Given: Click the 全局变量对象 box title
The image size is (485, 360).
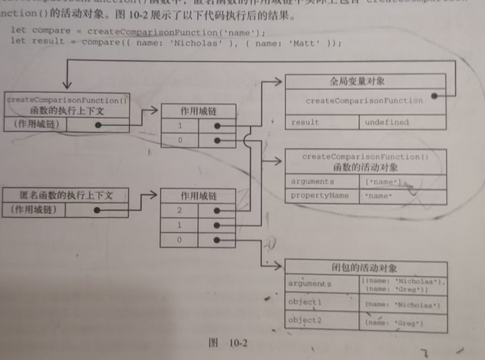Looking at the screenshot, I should (x=357, y=81).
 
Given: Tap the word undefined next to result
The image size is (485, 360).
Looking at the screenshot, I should (x=386, y=122).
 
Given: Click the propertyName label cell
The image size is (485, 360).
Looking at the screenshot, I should (x=320, y=195).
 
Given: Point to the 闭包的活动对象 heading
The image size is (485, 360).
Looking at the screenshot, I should (x=364, y=268).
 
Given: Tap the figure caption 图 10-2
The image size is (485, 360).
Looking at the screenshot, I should (x=228, y=343).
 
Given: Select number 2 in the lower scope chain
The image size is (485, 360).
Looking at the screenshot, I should (x=179, y=210).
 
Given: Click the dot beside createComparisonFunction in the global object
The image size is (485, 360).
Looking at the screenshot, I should (x=434, y=96).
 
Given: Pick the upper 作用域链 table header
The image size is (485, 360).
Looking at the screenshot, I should (x=198, y=111).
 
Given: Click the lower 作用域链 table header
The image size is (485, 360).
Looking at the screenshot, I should (x=198, y=195).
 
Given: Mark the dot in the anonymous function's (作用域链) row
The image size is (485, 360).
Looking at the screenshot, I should (x=97, y=210).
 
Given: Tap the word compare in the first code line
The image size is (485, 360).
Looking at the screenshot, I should (x=51, y=31).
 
